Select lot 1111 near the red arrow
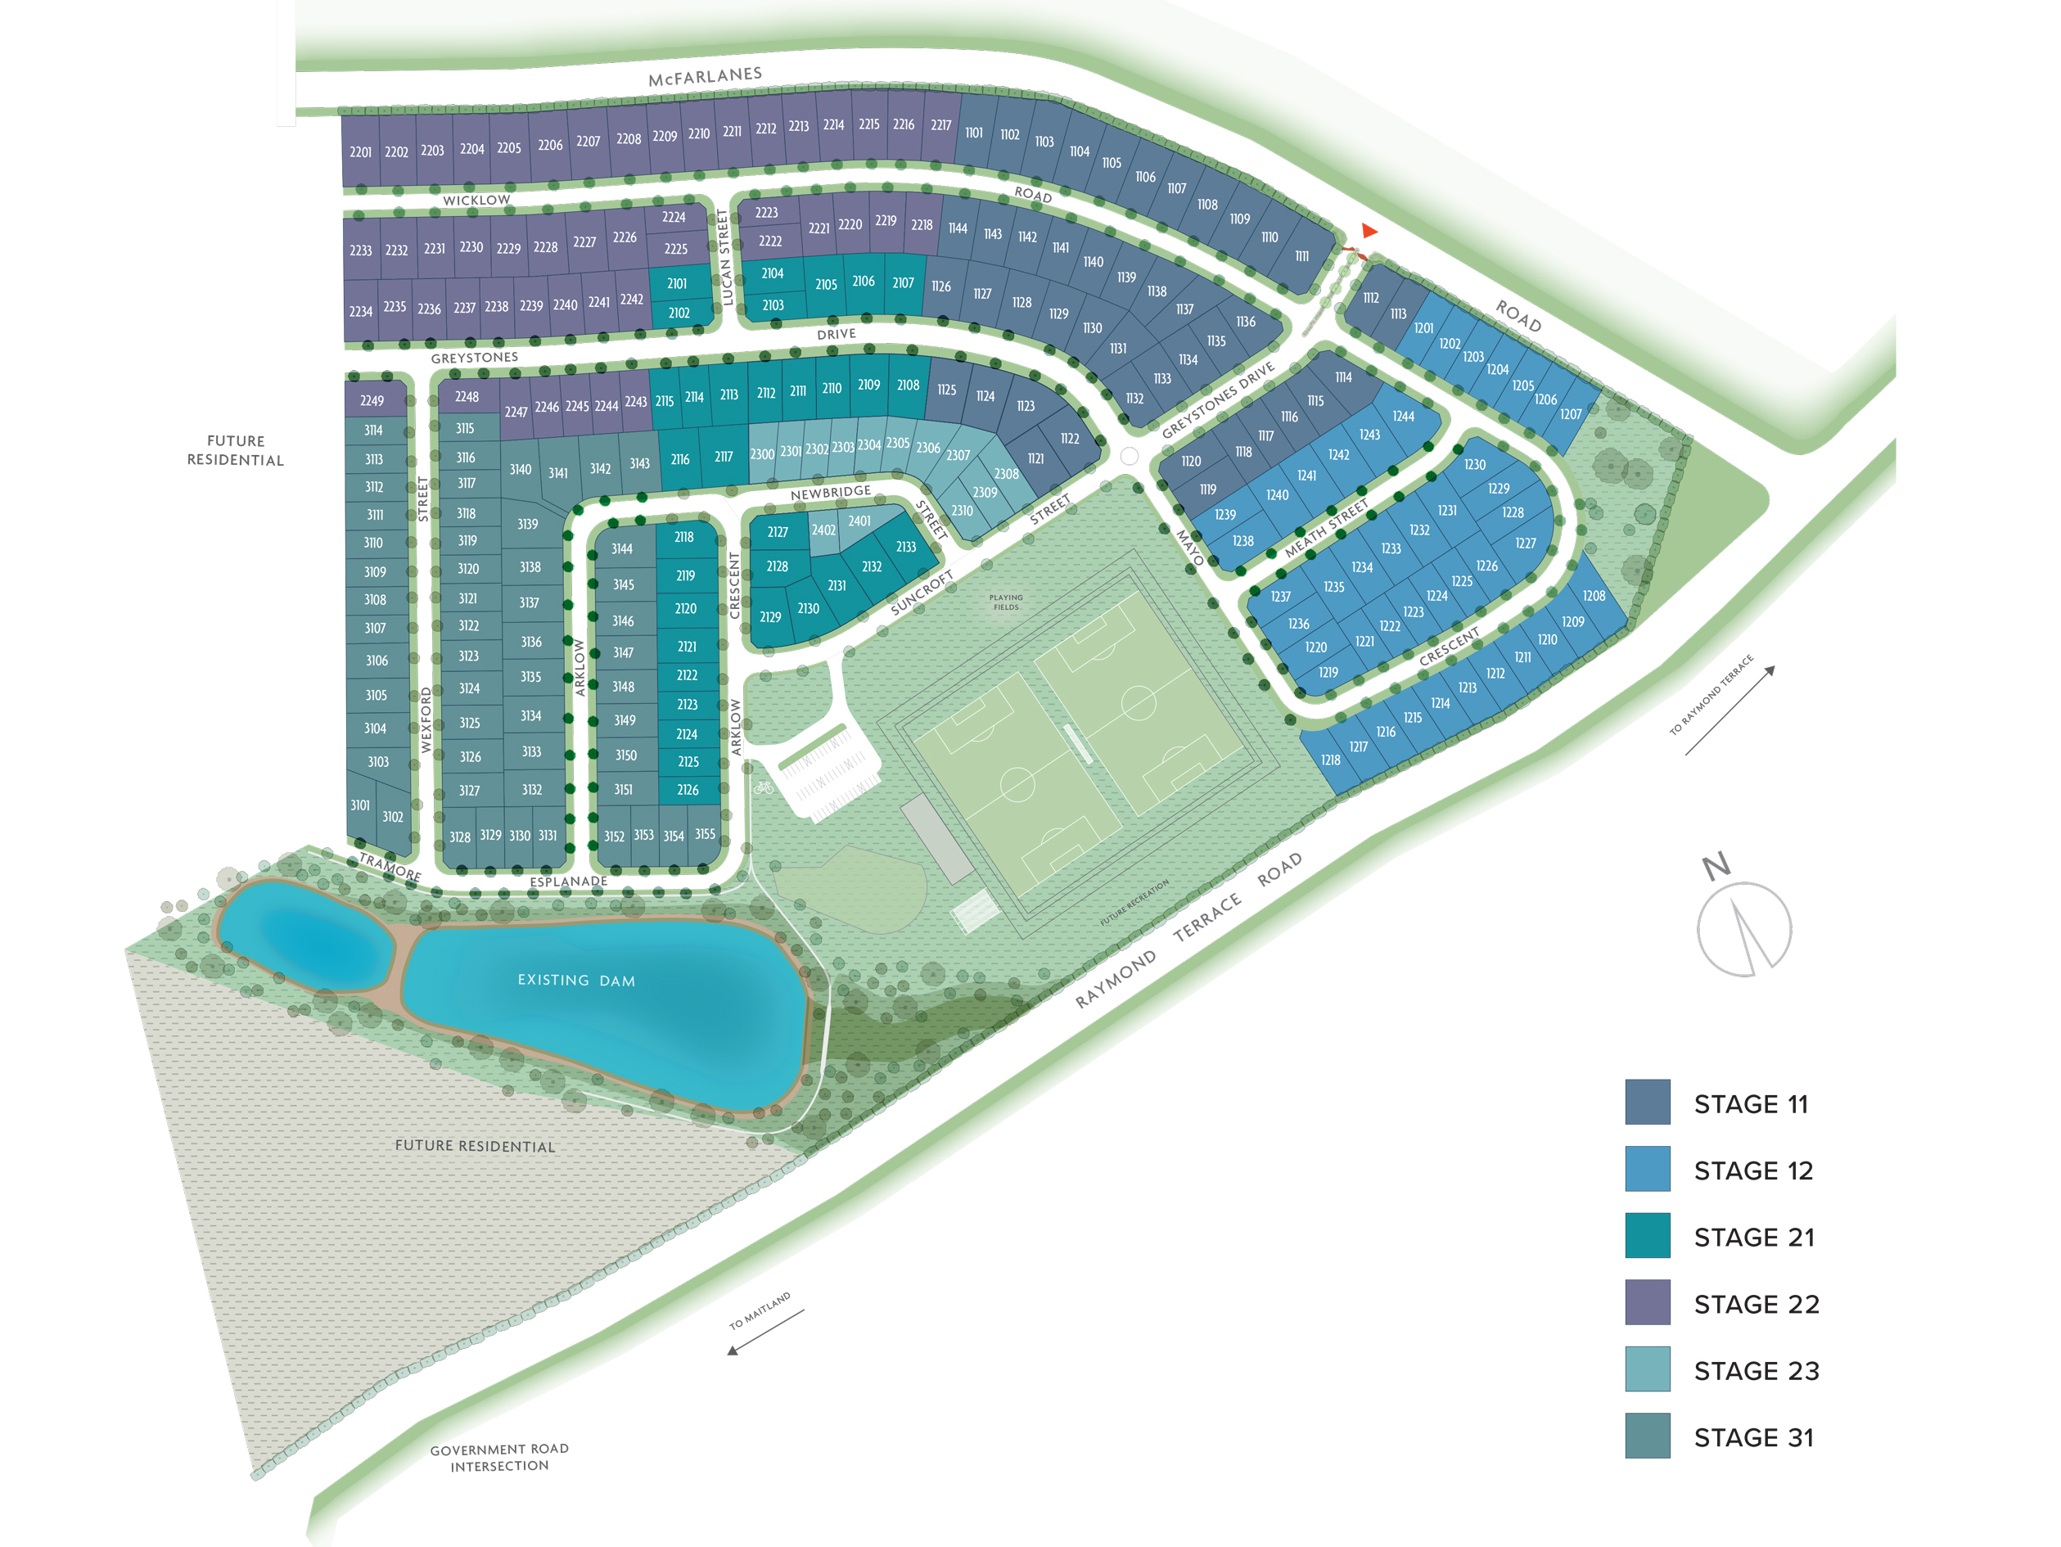(x=1301, y=256)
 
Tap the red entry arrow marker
(x=1369, y=230)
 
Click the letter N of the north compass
(x=1716, y=867)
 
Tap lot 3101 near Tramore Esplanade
(x=359, y=805)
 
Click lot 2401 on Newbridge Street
(x=859, y=521)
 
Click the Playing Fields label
(x=1005, y=602)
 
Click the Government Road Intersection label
(x=499, y=1458)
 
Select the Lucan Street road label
(x=726, y=257)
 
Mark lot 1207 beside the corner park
(x=1570, y=415)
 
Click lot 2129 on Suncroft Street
(x=769, y=617)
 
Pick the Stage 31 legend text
(x=1753, y=1438)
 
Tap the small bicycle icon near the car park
(x=764, y=787)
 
